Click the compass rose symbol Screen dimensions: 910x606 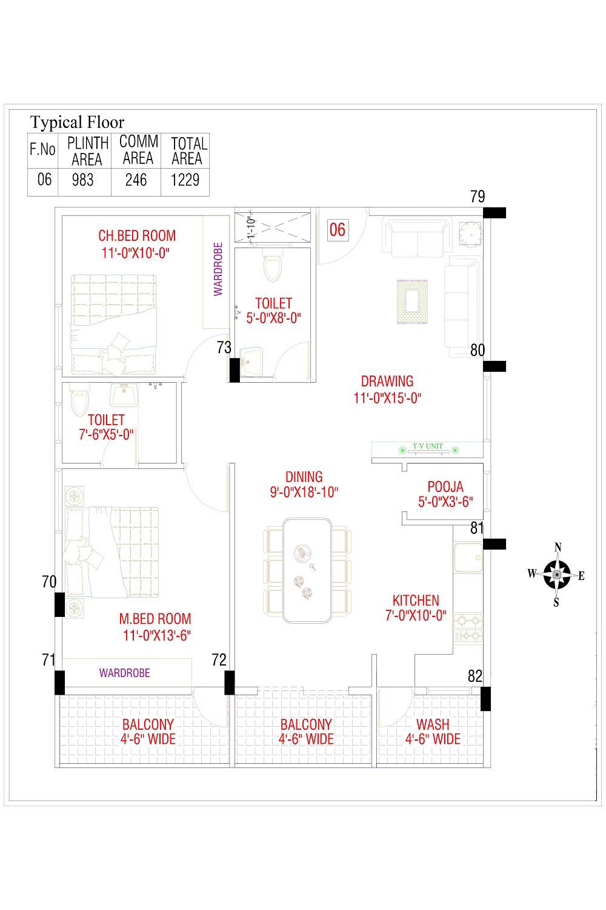tap(556, 574)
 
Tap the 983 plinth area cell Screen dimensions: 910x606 tap(83, 180)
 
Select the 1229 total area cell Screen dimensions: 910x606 tap(185, 180)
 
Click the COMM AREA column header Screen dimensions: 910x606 tap(138, 150)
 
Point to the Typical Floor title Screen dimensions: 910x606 tap(77, 122)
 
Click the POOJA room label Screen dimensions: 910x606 tap(445, 487)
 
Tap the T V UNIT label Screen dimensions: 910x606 tap(428, 447)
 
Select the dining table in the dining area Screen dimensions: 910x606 tap(307, 570)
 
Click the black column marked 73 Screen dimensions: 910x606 tap(234, 370)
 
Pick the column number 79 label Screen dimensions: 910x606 tap(478, 197)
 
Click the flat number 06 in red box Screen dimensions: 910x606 tap(337, 230)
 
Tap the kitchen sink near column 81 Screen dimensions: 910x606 tap(467, 557)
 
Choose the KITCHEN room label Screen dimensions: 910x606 tap(416, 601)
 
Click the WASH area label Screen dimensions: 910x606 tap(433, 724)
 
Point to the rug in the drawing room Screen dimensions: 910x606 tap(413, 301)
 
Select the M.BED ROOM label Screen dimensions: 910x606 tap(155, 619)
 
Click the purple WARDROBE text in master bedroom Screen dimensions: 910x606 tap(124, 673)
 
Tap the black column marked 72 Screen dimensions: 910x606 tap(229, 682)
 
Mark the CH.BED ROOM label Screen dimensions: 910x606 tap(137, 235)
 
